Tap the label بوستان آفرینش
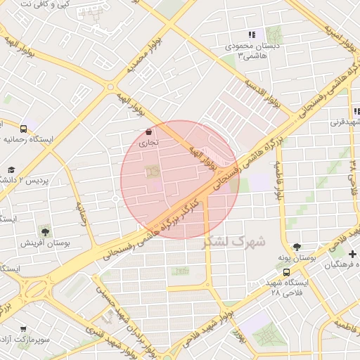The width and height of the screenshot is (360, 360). coord(49,243)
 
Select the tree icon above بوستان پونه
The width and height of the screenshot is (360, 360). coord(297,247)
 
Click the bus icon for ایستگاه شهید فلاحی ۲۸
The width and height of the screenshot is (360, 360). coord(286,271)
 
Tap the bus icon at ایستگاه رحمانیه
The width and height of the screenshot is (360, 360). coord(24,129)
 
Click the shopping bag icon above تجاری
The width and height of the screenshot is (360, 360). coord(148,131)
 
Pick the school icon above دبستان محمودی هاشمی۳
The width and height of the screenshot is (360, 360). coord(252,35)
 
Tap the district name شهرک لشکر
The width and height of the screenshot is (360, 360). coord(234,241)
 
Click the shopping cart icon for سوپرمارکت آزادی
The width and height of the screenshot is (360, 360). coord(24,328)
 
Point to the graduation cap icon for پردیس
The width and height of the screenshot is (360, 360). coord(11,169)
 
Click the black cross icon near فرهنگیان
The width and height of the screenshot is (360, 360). coord(352,253)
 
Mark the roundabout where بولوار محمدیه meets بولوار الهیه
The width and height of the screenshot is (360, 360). coord(110,86)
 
